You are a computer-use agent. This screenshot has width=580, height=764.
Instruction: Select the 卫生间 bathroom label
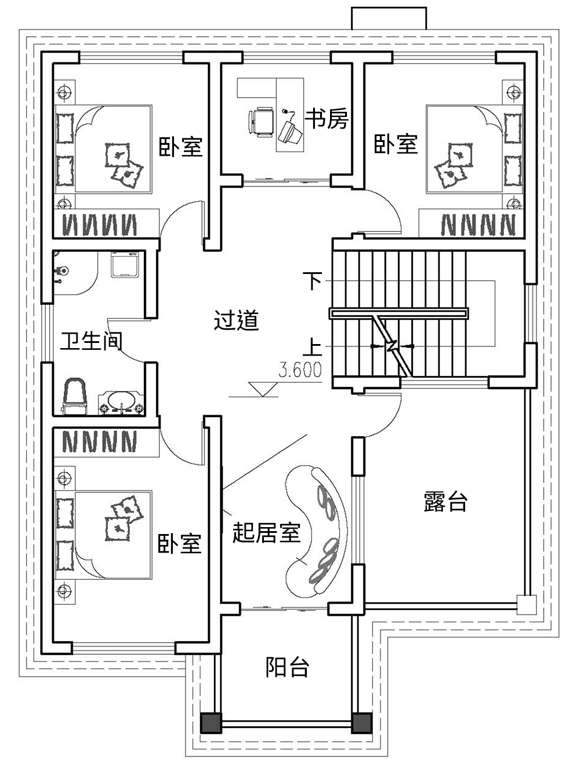pos(92,341)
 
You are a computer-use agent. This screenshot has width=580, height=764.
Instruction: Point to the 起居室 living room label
pos(266,532)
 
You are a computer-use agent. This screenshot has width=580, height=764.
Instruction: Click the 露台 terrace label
pos(445,502)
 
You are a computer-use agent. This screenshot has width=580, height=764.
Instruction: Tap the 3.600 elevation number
pos(300,370)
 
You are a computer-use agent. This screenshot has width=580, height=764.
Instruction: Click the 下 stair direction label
pos(313,282)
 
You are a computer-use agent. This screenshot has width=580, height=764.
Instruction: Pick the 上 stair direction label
pos(313,347)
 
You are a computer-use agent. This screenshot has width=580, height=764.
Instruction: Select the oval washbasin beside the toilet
pos(121,401)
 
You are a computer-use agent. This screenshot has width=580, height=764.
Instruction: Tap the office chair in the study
pos(260,122)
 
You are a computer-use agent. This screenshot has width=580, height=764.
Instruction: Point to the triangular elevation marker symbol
pos(263,389)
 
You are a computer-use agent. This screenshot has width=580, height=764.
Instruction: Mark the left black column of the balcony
pos(210,722)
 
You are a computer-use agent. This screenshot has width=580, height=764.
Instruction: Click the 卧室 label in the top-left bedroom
pos(181,147)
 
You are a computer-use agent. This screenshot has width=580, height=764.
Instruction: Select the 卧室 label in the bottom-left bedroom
pos(180,543)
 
